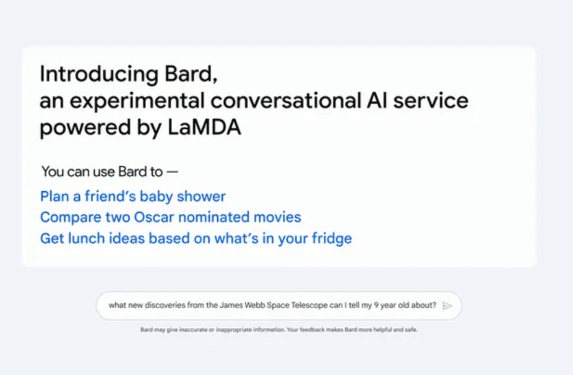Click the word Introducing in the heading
(99, 74)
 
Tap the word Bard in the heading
(191, 74)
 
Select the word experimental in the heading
(137, 101)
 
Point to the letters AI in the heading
(377, 100)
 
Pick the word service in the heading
(431, 101)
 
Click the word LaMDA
(204, 127)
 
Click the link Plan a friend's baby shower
(133, 197)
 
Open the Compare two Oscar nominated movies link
(171, 217)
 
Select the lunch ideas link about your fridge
(196, 238)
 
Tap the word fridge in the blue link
(332, 238)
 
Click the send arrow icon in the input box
(447, 306)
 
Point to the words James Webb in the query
(243, 305)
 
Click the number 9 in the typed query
(376, 305)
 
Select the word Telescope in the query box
(309, 305)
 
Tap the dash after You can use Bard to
(173, 172)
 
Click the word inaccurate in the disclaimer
(193, 330)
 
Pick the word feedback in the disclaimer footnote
(312, 330)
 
